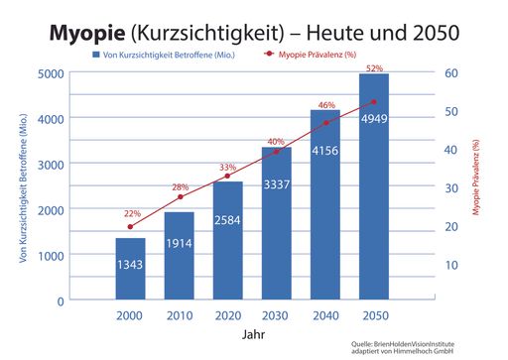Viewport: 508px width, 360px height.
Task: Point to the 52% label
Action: pyautogui.click(x=374, y=68)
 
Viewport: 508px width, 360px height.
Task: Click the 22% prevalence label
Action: pyautogui.click(x=132, y=213)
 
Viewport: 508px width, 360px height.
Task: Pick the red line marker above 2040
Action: pyautogui.click(x=324, y=124)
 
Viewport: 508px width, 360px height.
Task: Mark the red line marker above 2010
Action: pyautogui.click(x=179, y=196)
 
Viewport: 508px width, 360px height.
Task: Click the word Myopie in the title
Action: pyautogui.click(x=92, y=33)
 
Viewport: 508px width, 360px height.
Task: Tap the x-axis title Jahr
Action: pyautogui.click(x=252, y=334)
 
